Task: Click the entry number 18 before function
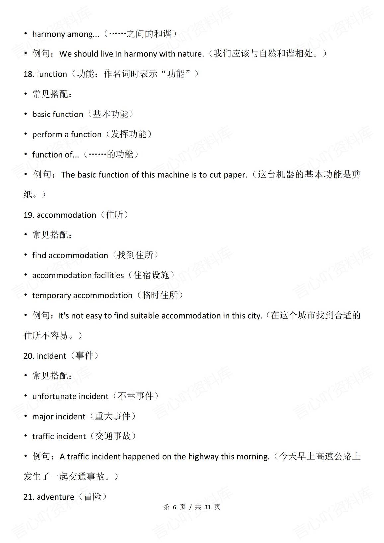coord(28,74)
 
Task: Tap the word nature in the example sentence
coord(191,54)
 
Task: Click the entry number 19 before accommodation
coord(29,215)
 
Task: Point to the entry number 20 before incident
coord(29,356)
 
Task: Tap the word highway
coord(203,457)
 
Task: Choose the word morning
coord(253,457)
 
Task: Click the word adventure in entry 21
coord(55,497)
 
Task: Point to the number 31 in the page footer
coord(208,507)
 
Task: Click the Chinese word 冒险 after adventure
coord(93,497)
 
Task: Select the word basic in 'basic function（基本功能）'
coord(41,115)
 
